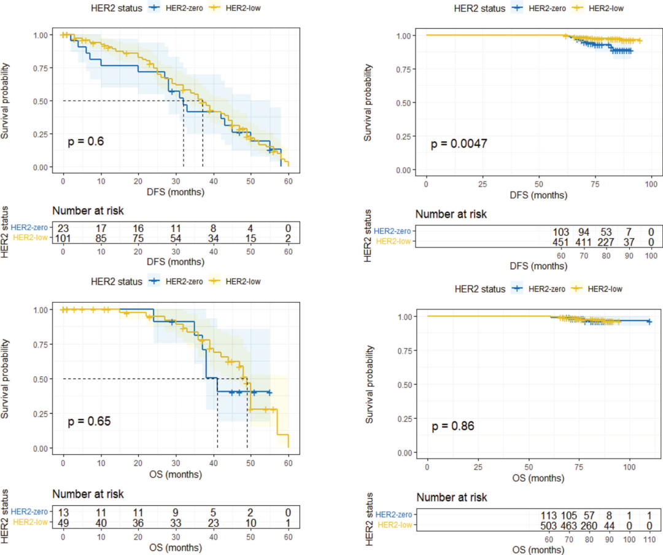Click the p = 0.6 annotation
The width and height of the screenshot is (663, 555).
click(86, 142)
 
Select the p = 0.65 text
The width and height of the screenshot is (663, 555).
click(89, 422)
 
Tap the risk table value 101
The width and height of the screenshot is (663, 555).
click(63, 238)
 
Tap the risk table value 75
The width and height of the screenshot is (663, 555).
click(138, 238)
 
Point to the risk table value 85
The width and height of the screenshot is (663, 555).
click(101, 238)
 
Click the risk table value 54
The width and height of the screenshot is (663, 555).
click(176, 238)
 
